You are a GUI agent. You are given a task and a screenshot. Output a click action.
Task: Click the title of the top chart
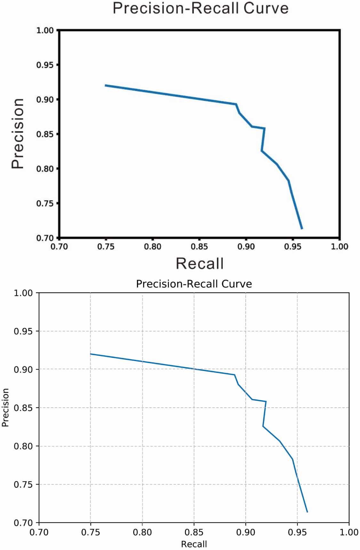pyautogui.click(x=201, y=8)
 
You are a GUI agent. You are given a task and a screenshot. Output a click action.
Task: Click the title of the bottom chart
pyautogui.click(x=194, y=284)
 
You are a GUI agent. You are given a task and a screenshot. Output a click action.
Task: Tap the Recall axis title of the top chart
pyautogui.click(x=200, y=263)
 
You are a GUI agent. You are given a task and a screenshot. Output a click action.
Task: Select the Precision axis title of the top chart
pyautogui.click(x=18, y=133)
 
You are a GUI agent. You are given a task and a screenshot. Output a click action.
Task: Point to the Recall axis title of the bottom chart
pyautogui.click(x=194, y=544)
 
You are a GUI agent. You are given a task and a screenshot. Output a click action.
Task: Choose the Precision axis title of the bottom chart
pyautogui.click(x=5, y=408)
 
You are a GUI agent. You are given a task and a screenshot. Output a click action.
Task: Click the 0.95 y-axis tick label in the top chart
pyautogui.click(x=45, y=65)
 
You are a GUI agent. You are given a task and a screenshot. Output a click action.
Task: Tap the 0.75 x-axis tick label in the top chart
pyautogui.click(x=106, y=247)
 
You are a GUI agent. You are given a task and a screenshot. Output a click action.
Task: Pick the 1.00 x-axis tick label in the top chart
pyautogui.click(x=340, y=247)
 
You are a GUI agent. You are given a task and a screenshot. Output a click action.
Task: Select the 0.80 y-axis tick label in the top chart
pyautogui.click(x=45, y=169)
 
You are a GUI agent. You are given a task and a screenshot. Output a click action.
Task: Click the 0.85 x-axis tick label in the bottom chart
pyautogui.click(x=194, y=532)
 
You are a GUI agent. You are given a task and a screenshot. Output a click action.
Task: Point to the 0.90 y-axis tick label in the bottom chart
pyautogui.click(x=23, y=369)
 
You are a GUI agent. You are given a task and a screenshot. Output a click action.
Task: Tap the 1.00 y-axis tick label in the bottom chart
pyautogui.click(x=23, y=293)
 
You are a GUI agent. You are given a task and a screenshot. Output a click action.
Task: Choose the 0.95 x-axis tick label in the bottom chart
pyautogui.click(x=297, y=532)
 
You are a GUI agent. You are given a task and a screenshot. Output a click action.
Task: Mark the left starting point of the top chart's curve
pyautogui.click(x=105, y=85)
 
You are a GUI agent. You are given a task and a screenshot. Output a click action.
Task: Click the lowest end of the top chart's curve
pyautogui.click(x=302, y=229)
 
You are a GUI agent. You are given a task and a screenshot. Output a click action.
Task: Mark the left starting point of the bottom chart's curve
pyautogui.click(x=91, y=354)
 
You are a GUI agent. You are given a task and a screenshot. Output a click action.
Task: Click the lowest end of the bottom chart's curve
pyautogui.click(x=307, y=512)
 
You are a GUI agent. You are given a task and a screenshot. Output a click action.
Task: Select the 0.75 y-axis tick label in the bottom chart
pyautogui.click(x=23, y=484)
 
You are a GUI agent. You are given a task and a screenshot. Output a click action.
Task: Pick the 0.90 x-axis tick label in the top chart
pyautogui.click(x=246, y=247)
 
